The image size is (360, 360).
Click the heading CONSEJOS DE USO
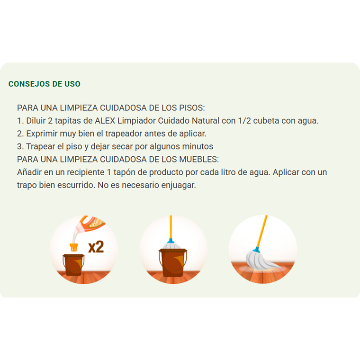(45, 84)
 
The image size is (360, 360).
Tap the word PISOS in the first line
(192, 108)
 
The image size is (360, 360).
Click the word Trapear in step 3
(41, 146)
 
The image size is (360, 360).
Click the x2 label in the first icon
(96, 247)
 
